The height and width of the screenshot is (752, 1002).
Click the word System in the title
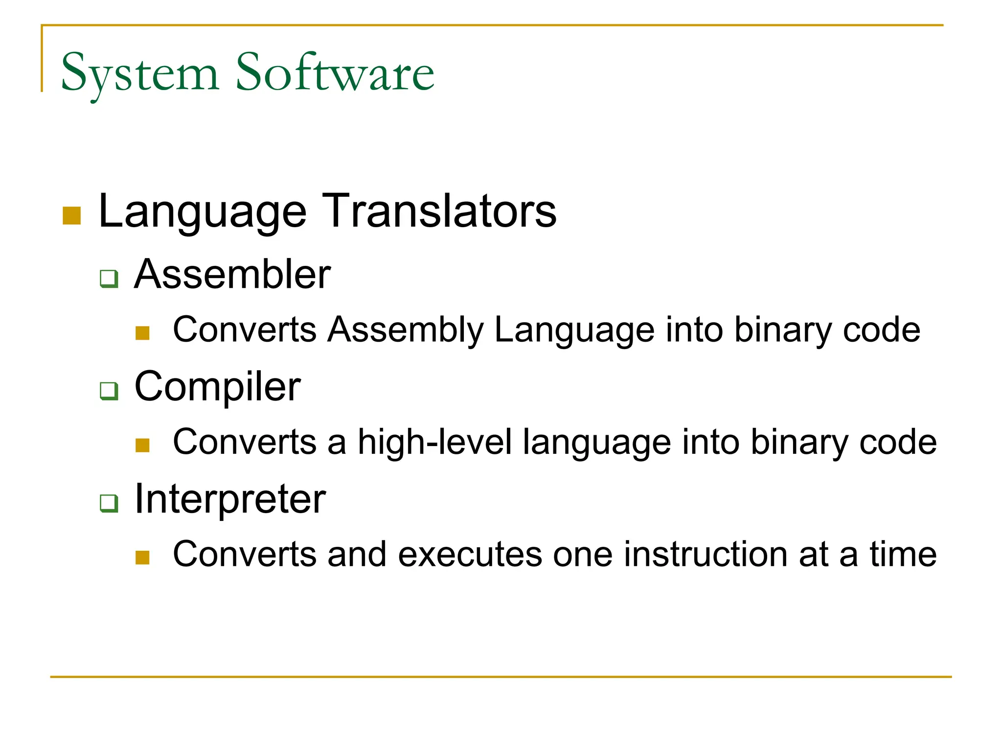tap(139, 73)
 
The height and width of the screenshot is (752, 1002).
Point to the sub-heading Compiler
tap(217, 387)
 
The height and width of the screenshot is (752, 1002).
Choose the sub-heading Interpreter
tap(230, 499)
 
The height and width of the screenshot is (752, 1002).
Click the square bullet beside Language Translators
tap(72, 216)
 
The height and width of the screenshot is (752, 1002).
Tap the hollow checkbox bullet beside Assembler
tap(109, 279)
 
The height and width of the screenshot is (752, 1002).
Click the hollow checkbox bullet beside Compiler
tap(109, 391)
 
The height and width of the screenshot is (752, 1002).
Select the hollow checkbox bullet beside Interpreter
tap(109, 503)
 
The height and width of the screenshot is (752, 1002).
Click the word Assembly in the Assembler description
tap(406, 330)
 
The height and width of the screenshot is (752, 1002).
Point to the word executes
tap(470, 554)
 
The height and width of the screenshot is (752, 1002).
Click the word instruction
tap(706, 554)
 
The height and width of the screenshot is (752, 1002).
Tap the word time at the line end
tap(903, 554)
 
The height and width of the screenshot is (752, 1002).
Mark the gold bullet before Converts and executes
tap(142, 558)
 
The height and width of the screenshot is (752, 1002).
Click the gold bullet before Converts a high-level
tap(142, 446)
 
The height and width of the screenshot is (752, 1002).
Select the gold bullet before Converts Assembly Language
tap(142, 333)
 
